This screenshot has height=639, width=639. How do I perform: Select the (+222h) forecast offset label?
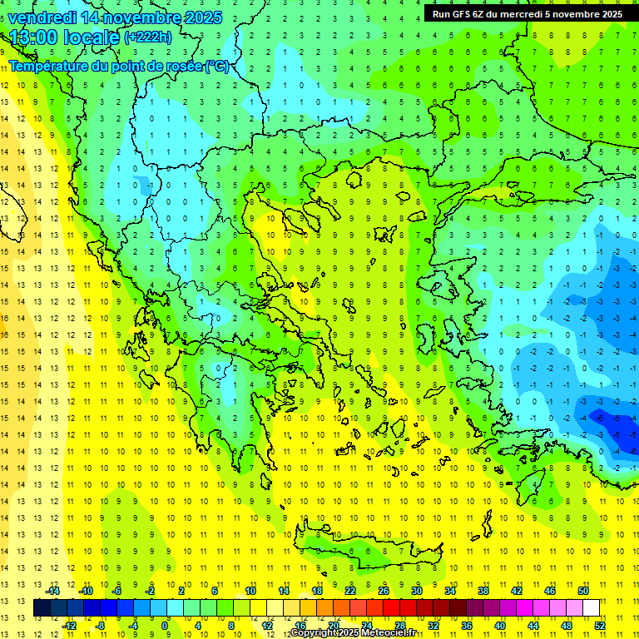click(148, 37)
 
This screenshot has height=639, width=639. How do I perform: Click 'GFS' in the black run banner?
click(470, 14)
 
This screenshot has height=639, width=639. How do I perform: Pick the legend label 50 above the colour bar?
click(583, 591)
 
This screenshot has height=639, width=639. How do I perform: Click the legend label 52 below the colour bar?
click(600, 626)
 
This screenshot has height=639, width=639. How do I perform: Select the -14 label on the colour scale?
click(52, 591)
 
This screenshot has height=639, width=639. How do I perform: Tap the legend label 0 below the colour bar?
click(165, 626)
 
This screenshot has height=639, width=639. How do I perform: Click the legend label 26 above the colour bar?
click(384, 591)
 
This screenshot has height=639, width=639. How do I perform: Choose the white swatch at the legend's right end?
click(592, 608)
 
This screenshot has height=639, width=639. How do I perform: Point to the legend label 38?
click(483, 591)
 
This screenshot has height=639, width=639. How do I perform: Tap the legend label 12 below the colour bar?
click(267, 626)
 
